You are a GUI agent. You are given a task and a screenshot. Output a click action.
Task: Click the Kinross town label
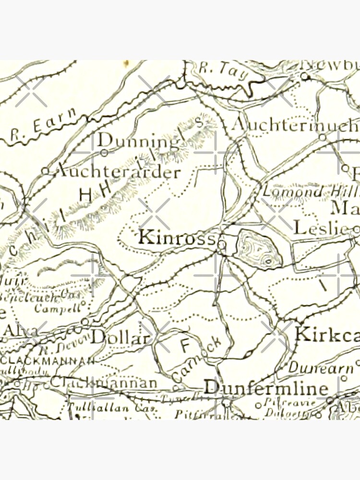coord(176,238)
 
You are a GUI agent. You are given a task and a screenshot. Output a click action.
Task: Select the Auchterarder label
coord(116,172)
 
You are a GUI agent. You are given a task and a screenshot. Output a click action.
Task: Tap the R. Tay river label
coord(218,71)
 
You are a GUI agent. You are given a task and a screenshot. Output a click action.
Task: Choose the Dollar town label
coord(120,337)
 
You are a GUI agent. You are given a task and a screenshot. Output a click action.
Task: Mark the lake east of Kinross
coord(258,249)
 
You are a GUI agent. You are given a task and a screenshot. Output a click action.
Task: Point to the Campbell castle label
coord(57,308)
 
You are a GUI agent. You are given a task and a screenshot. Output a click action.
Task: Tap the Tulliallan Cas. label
coord(98,408)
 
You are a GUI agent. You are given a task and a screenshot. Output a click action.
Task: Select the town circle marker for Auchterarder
coord(46,170)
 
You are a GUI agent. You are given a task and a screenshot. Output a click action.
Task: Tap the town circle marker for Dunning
coord(104,153)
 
